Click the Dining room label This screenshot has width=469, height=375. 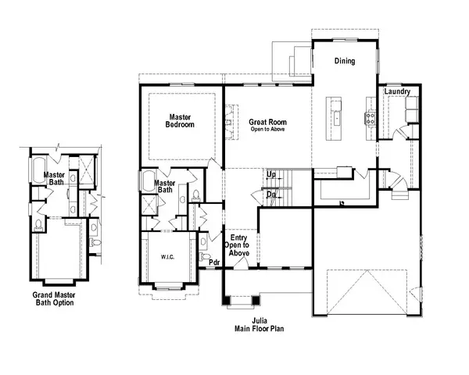[345, 61]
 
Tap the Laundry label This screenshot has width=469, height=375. [397, 92]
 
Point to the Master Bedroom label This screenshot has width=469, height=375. [181, 121]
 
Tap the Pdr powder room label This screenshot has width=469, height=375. [214, 262]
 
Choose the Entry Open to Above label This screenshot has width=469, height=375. [237, 244]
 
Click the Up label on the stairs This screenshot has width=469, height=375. [270, 174]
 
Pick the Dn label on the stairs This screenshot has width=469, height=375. [270, 194]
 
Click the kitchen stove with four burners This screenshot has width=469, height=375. [370, 119]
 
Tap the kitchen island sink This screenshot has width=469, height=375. [337, 118]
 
